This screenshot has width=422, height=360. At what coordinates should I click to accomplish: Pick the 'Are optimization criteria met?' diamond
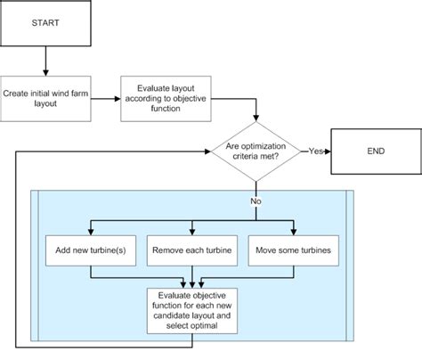tap(255, 151)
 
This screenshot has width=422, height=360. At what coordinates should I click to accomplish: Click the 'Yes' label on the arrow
tap(314, 151)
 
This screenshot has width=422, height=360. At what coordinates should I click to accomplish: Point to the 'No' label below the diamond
tap(256, 201)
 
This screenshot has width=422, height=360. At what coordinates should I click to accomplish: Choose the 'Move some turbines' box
tap(296, 250)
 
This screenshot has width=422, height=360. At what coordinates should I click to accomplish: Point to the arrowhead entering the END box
tap(327, 151)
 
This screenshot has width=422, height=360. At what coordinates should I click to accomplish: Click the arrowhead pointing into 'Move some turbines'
tap(296, 231)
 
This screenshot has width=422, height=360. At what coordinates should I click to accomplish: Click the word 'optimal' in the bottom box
tap(215, 326)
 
